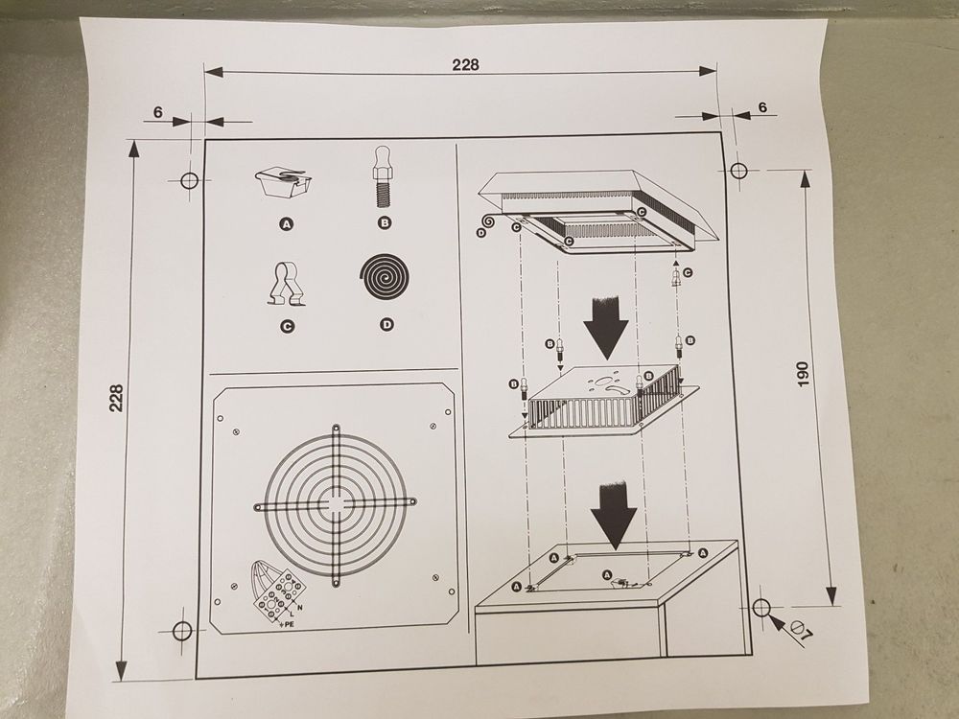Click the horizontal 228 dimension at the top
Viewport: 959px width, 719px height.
point(465,64)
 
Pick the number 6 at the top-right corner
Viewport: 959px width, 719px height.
point(762,107)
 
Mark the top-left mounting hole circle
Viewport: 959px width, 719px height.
point(189,180)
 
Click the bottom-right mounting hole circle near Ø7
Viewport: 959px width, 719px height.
point(762,607)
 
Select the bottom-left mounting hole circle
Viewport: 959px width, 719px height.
point(181,630)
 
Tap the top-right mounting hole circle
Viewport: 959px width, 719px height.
point(738,171)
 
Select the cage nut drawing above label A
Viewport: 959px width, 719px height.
point(285,181)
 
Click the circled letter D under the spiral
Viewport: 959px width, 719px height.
point(386,325)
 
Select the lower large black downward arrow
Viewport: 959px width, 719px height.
point(611,512)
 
